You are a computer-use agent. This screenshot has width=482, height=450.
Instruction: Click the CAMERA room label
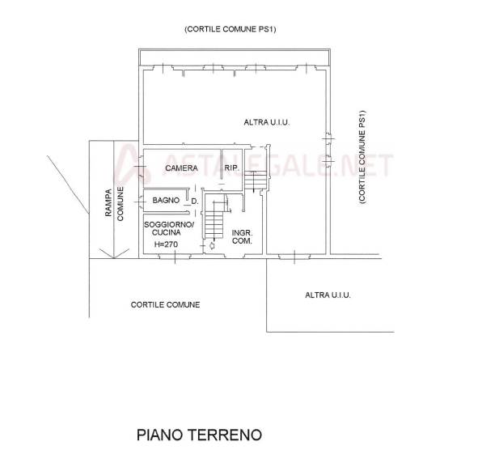point(181,168)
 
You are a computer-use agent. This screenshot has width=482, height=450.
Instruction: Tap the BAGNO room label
point(166,200)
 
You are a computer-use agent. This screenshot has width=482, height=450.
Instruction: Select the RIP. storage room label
point(232,168)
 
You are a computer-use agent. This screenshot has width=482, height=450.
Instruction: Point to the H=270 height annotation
point(166,244)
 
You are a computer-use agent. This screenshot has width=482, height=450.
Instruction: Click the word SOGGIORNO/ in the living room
point(169,224)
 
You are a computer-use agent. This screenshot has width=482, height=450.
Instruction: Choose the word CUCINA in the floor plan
point(167,232)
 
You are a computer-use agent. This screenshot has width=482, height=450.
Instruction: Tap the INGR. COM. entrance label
point(243,237)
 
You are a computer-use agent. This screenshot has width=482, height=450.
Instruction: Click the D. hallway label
point(195,202)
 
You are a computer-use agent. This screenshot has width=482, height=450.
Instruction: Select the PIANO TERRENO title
point(199,435)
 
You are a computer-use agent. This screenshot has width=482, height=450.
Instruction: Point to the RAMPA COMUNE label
point(114,203)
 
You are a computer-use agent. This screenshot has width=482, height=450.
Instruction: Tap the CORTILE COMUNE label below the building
point(165,305)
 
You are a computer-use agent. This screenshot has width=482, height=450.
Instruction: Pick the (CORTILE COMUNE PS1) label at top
point(230,29)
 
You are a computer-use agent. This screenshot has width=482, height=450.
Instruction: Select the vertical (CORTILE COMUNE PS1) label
point(362,156)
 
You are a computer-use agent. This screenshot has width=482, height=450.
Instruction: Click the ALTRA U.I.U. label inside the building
point(267,122)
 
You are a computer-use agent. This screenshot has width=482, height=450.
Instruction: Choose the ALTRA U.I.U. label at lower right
point(328,295)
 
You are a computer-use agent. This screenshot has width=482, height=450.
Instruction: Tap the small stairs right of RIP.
point(255,180)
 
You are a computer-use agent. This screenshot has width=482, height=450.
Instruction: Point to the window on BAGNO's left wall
point(141,202)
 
